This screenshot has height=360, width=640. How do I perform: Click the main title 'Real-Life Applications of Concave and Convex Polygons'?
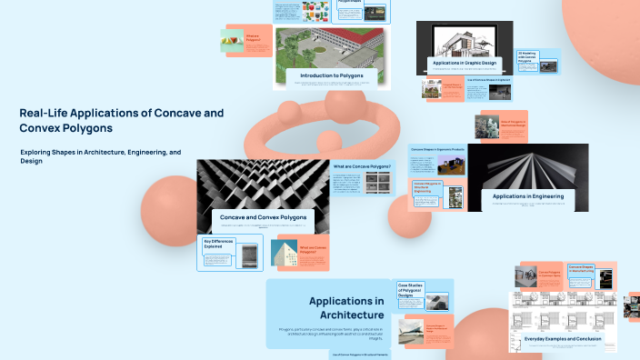[121, 120]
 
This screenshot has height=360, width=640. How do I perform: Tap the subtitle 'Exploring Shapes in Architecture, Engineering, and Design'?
[100, 155]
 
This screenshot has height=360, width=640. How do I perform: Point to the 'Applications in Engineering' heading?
[527, 195]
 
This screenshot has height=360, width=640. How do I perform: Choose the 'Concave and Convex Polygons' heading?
[263, 217]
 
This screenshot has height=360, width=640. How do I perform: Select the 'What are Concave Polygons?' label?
[362, 167]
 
